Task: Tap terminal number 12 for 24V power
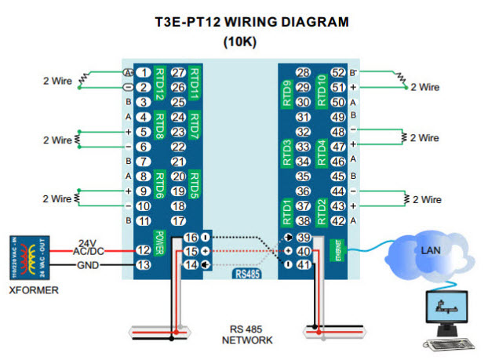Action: (x=143, y=250)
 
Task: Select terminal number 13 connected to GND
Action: (x=143, y=265)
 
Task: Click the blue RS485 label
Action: (x=249, y=275)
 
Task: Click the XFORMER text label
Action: (x=29, y=289)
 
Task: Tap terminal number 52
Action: (x=338, y=73)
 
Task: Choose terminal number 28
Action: (x=304, y=73)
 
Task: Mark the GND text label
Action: (x=85, y=265)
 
